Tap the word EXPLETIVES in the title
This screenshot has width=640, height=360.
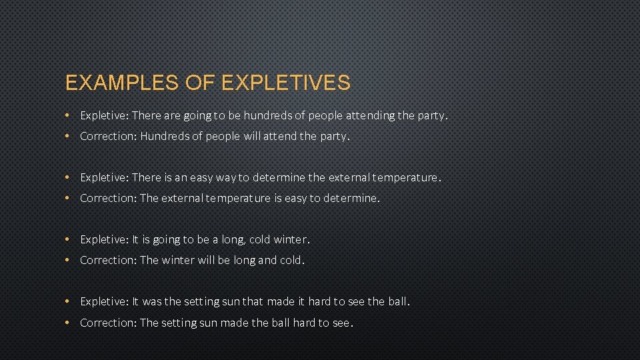coord(285,83)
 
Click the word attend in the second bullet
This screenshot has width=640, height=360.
coord(280,136)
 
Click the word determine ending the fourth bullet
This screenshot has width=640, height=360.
coord(351,198)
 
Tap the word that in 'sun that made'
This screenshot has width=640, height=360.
coord(253,301)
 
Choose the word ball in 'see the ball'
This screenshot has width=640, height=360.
coord(398,301)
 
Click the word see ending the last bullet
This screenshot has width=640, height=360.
coord(341,323)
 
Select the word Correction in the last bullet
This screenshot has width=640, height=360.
coord(108,323)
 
